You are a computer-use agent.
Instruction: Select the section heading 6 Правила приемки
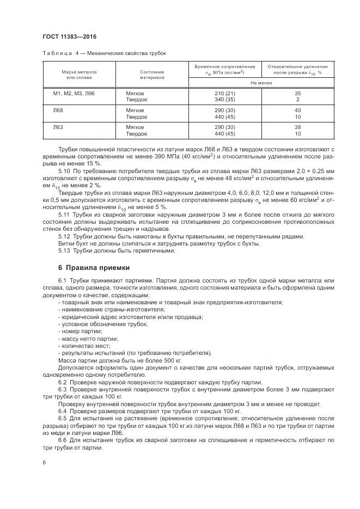coord(94,267)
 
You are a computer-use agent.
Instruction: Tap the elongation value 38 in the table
coord(297,127)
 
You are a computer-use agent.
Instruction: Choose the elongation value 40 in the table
coord(297,111)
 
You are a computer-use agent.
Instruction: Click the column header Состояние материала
coord(152,75)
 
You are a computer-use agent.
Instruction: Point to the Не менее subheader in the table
coord(261,83)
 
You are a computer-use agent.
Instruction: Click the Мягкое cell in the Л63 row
coord(135,127)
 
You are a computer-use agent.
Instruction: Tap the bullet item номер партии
coord(79,332)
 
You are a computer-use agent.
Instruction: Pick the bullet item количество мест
coord(85,346)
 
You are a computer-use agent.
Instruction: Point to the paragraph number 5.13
coord(64,250)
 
